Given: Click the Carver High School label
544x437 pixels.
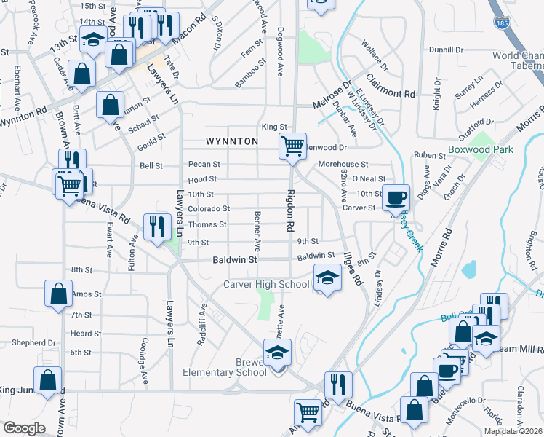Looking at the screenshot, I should (266, 284).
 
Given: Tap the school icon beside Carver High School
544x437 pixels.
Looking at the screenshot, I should (327, 277).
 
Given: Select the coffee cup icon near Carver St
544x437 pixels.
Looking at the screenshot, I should (396, 197).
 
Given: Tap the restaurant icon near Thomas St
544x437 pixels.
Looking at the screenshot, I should (156, 227).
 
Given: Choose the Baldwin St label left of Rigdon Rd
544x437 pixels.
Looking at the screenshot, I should (236, 259).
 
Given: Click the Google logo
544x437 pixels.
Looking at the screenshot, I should (24, 428).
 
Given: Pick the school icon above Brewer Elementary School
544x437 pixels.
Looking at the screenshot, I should (276, 353).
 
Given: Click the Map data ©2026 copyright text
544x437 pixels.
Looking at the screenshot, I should (513, 431).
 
